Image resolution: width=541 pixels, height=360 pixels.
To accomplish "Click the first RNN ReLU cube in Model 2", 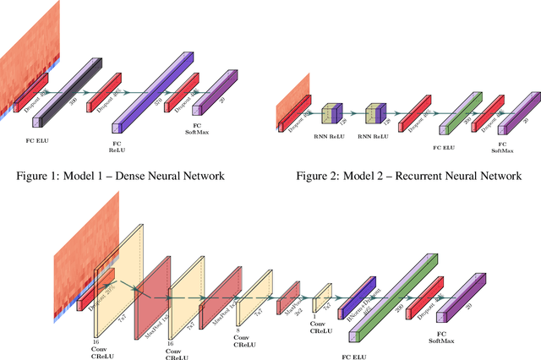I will point(331,115).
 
